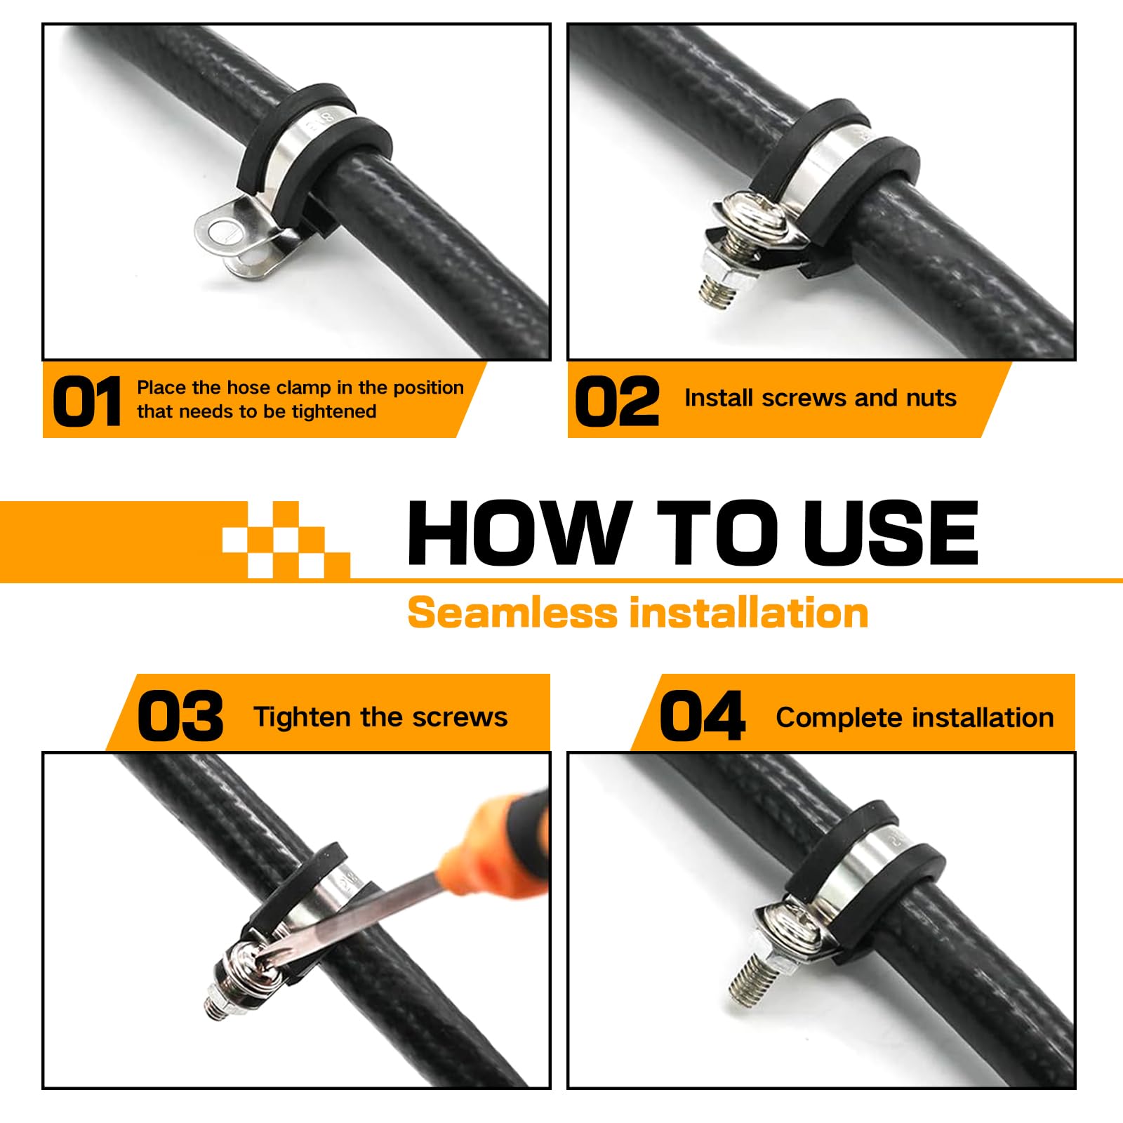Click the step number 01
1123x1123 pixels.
pos(87,401)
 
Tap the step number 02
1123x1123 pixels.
pos(617,401)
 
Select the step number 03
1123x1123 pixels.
pos(180,716)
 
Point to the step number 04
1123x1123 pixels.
pos(703,716)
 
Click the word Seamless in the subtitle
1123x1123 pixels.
pos(512,612)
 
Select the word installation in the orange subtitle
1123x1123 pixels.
pos(749,612)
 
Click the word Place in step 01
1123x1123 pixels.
pos(161,387)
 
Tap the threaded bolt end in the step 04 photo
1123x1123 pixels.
pos(745,976)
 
